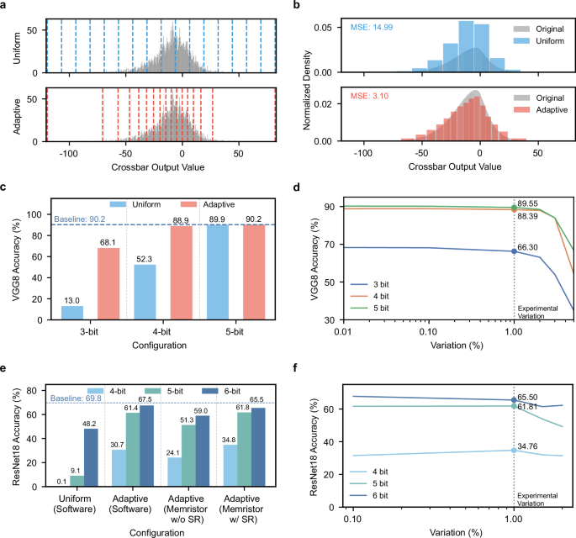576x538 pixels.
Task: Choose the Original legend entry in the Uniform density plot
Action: [531, 27]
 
